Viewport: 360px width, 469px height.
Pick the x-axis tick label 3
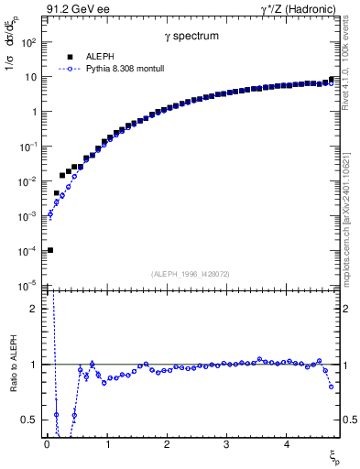(226, 444)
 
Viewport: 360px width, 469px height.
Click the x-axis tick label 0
(47, 444)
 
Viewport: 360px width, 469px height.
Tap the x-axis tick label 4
(286, 444)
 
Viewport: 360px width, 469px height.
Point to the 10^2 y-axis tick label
(27, 42)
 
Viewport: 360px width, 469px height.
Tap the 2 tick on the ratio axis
(34, 309)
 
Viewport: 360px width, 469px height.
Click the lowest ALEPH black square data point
(49, 250)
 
